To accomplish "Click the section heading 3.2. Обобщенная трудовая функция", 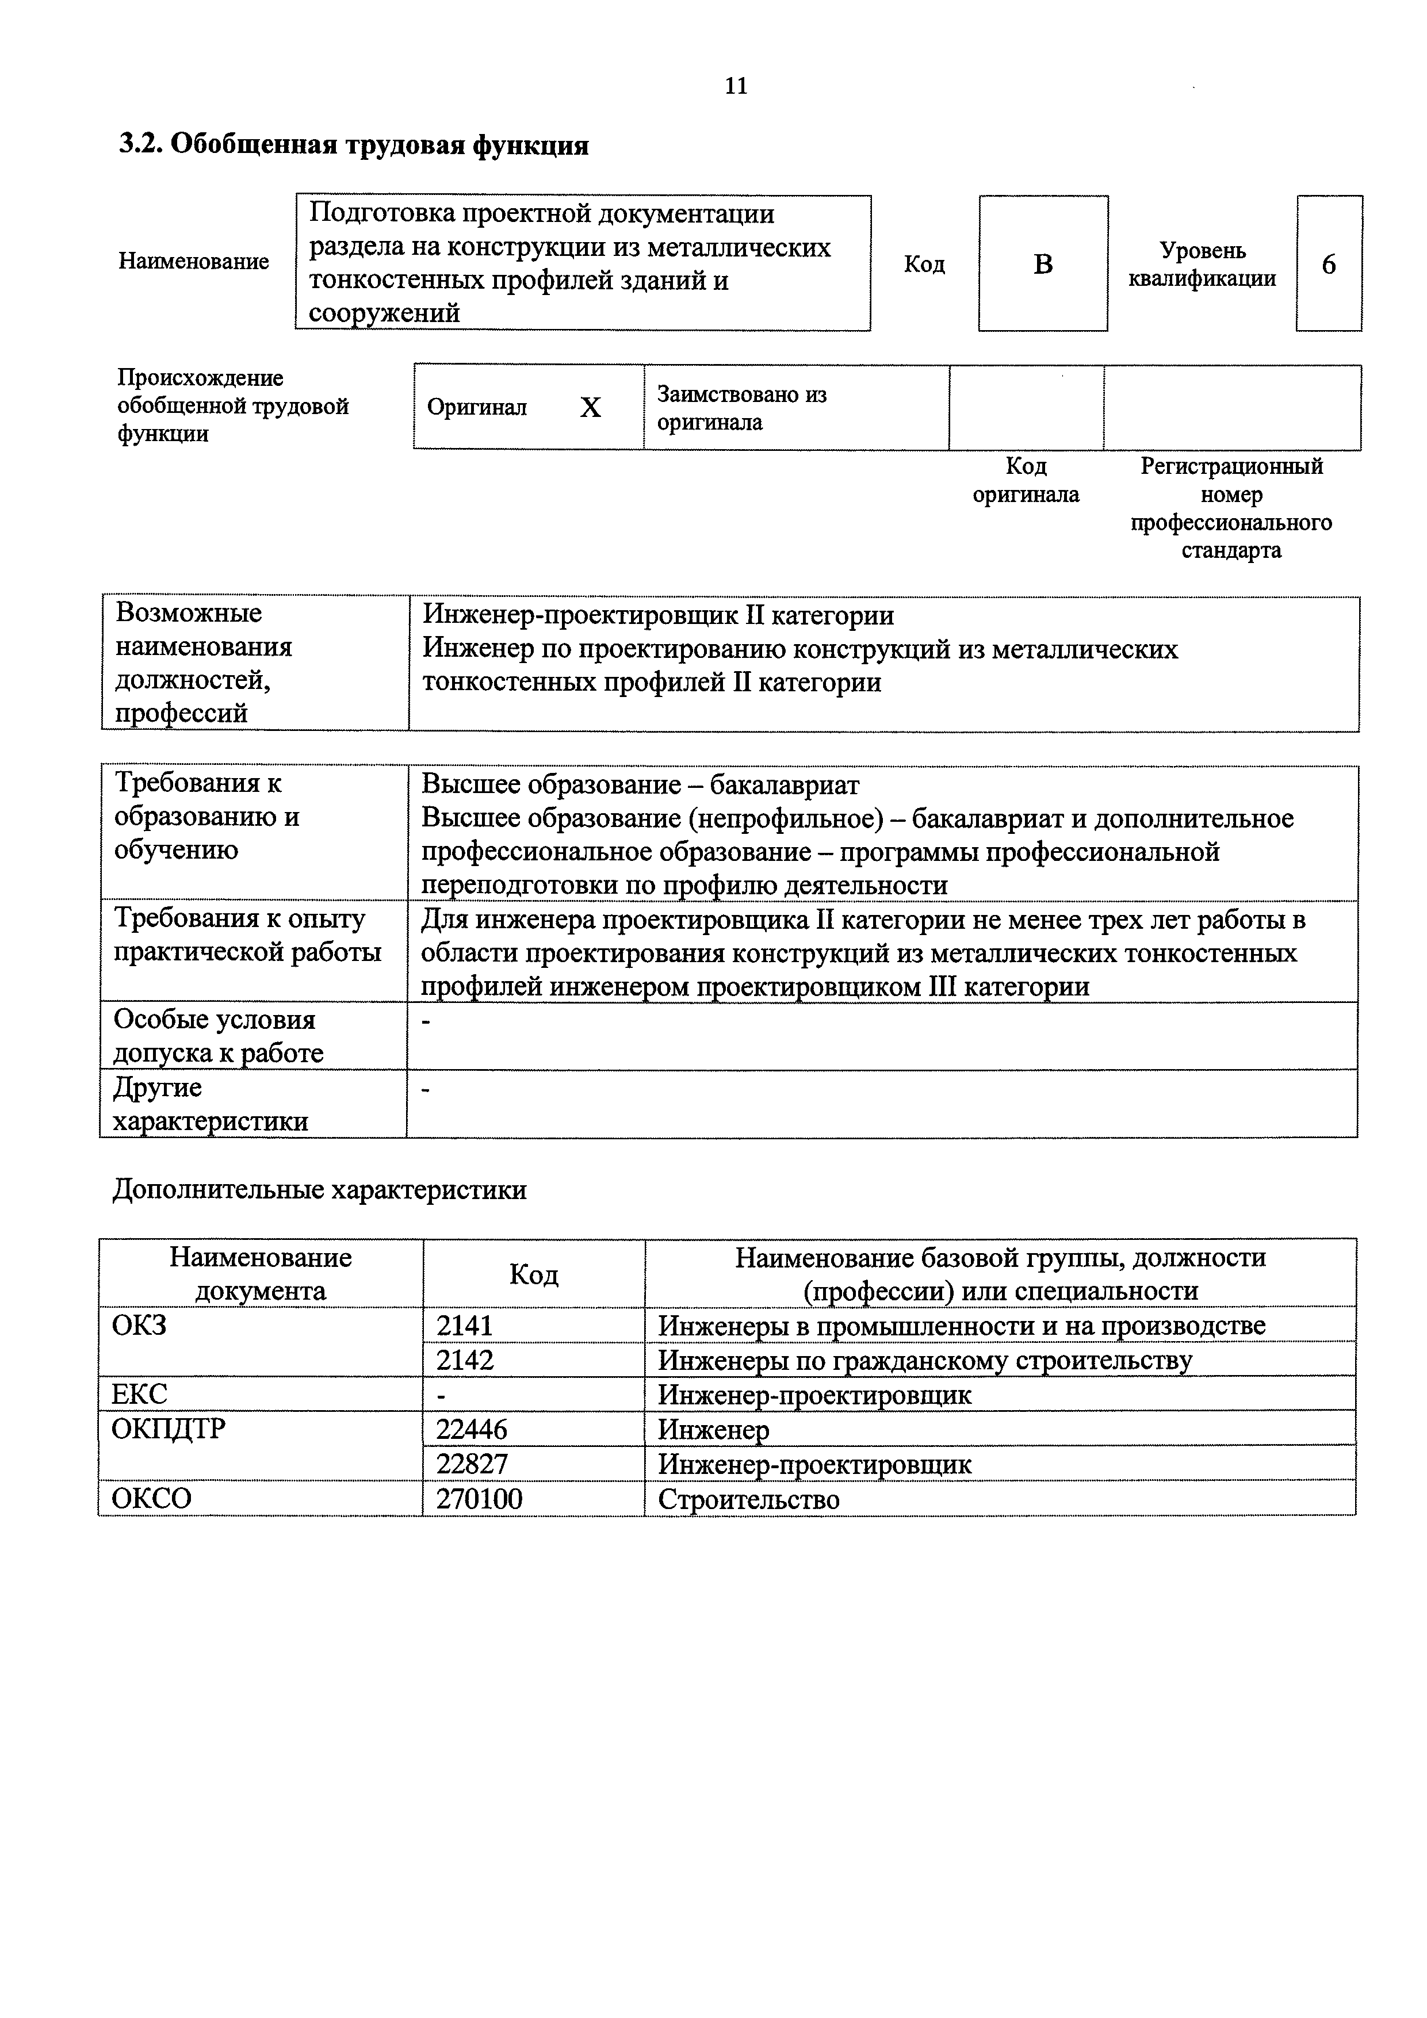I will pyautogui.click(x=354, y=145).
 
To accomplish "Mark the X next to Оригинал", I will pyautogui.click(x=591, y=408).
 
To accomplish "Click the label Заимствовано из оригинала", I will pyautogui.click(x=742, y=408).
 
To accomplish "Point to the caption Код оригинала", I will pyautogui.click(x=1025, y=480).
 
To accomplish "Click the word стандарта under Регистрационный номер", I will pyautogui.click(x=1231, y=551).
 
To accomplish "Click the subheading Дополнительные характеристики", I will pyautogui.click(x=320, y=1190).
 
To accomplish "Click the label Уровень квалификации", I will pyautogui.click(x=1202, y=265).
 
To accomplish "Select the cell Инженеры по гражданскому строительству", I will pyautogui.click(x=925, y=1360).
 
